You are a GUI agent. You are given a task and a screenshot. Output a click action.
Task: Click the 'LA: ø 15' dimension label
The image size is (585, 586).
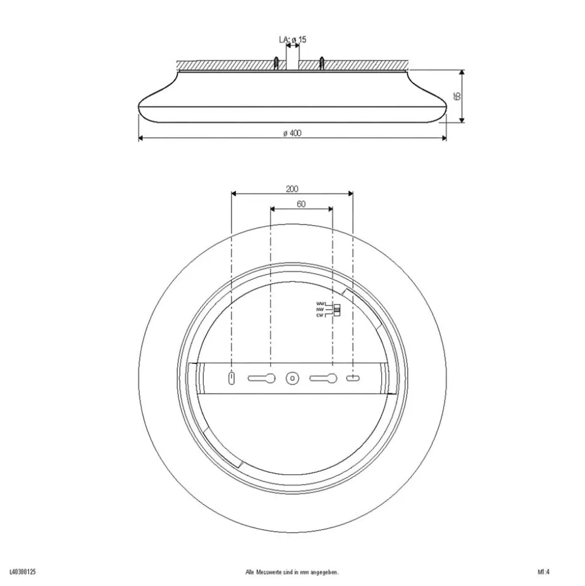tap(292, 40)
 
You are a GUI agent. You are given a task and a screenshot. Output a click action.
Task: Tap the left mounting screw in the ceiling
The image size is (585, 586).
tap(275, 63)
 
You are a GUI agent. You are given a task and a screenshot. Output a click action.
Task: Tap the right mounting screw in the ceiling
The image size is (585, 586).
tap(322, 63)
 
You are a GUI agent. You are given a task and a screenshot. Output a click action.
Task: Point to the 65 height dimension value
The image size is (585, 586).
tap(457, 95)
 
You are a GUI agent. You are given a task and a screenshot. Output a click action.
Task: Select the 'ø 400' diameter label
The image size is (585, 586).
tap(292, 133)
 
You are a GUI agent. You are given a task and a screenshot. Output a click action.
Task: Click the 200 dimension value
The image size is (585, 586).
tap(292, 189)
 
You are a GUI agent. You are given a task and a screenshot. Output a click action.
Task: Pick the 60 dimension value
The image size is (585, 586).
tap(301, 204)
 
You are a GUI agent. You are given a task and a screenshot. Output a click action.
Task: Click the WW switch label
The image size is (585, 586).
tap(320, 303)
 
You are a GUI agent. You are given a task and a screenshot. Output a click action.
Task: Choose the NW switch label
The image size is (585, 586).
tap(320, 309)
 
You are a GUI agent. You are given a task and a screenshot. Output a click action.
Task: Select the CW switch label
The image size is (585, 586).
tap(320, 315)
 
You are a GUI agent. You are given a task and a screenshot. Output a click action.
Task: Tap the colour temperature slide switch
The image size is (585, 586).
tap(337, 310)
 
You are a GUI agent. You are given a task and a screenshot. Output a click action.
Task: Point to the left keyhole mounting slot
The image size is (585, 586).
tap(262, 378)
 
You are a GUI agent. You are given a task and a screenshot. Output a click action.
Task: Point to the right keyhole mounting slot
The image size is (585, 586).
tap(323, 378)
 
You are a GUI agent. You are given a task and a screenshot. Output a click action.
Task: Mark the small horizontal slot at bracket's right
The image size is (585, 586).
tap(352, 378)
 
